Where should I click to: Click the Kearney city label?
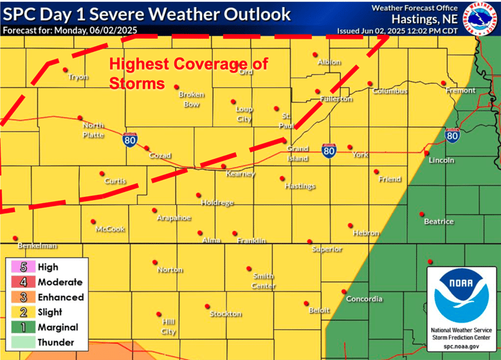tap(241, 174)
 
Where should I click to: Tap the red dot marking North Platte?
tap(80, 118)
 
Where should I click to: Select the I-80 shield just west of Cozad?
tap(131, 140)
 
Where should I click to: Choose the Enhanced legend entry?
tap(60, 297)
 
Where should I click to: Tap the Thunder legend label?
tap(56, 343)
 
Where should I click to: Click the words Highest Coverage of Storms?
tap(188, 74)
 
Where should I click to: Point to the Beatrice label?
tap(439, 222)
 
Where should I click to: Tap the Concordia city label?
tap(364, 299)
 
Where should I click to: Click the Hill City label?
tap(169, 327)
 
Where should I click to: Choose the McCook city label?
tap(110, 229)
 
